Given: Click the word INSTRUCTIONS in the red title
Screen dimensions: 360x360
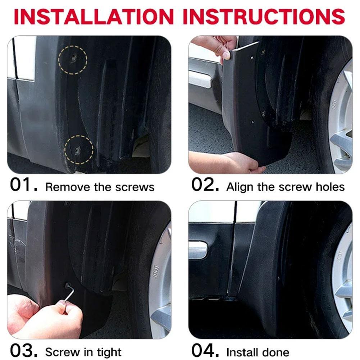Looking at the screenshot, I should tap(264, 16).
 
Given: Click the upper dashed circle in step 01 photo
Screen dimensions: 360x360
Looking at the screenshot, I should tap(73, 59).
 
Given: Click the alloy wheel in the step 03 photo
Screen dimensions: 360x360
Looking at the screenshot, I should tap(160, 284).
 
